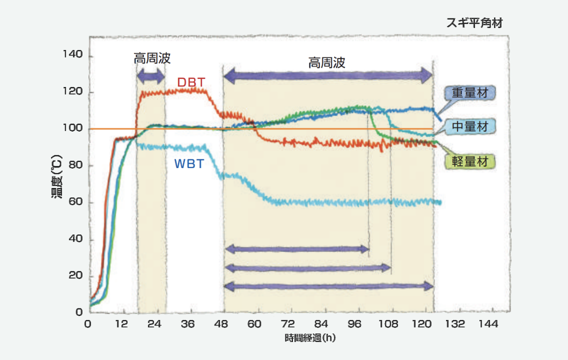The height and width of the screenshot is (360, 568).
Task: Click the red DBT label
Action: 191,82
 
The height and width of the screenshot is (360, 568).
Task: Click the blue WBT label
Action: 189,163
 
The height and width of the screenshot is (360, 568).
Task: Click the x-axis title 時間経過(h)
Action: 310,338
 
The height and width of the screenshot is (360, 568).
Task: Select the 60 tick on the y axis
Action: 75,202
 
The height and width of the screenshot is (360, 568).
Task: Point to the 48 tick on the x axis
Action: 221,324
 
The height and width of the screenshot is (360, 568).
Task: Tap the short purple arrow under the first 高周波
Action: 151,76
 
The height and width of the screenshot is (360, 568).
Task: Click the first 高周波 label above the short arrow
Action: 152,58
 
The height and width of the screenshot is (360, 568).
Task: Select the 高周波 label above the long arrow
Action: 326,62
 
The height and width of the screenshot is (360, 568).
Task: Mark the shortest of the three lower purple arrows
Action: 297,248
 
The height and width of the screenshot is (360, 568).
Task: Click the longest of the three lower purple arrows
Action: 328,286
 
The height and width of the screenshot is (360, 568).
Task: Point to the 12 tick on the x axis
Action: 121,324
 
